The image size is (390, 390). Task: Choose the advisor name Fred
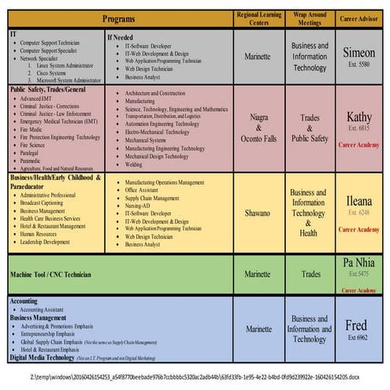[x=356, y=325]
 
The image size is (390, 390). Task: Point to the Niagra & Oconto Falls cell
[x=258, y=128]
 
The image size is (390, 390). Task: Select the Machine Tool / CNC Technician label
[x=50, y=274]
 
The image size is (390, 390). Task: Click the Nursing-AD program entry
[x=142, y=205]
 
